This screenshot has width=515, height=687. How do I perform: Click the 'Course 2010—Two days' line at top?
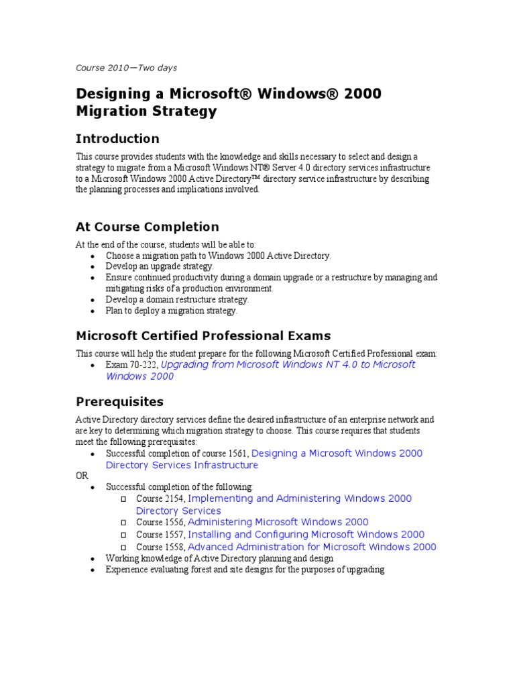[x=126, y=68]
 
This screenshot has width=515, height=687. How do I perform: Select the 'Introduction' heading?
[x=117, y=139]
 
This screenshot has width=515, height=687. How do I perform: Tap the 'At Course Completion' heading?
[x=148, y=227]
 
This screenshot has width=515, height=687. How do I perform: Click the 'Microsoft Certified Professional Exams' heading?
[x=203, y=335]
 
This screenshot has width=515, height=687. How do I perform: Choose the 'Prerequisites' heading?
[x=119, y=402]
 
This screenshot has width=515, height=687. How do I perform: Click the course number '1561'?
[x=237, y=454]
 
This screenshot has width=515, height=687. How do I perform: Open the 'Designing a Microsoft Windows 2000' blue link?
[x=337, y=454]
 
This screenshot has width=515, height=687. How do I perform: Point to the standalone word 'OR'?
[x=82, y=476]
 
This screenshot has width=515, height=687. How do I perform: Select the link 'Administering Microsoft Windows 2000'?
[x=278, y=522]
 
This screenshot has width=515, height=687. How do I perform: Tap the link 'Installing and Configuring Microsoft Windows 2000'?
[x=306, y=535]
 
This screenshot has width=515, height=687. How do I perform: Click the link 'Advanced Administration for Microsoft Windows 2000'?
[x=312, y=547]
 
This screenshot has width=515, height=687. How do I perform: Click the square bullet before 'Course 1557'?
[x=123, y=535]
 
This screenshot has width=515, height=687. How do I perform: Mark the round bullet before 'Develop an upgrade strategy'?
[x=92, y=267]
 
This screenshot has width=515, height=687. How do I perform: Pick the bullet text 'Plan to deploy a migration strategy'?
[x=172, y=311]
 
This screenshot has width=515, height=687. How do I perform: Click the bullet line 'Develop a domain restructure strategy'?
[x=177, y=299]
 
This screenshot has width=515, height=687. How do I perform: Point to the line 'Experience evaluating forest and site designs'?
[x=245, y=570]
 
